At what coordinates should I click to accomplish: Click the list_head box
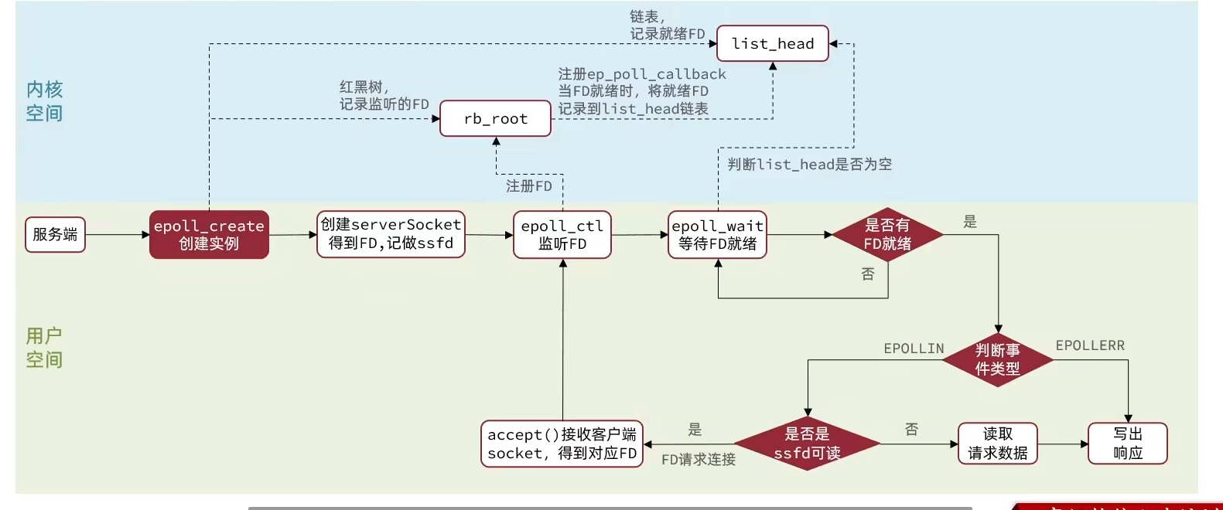[x=772, y=44]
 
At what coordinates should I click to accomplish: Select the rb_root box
[x=495, y=119]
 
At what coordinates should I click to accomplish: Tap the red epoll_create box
[x=209, y=235]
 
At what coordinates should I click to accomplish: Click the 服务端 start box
[x=55, y=235]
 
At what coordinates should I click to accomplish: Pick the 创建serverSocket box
[x=391, y=234]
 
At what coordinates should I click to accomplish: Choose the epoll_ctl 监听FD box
[x=562, y=235]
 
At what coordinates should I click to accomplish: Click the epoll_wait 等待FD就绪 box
[x=718, y=235]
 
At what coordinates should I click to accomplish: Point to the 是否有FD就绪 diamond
[x=887, y=235]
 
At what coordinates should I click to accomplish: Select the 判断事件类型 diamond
[x=998, y=360]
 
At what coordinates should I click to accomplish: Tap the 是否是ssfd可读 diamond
[x=807, y=444]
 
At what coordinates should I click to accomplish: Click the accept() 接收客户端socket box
[x=562, y=444]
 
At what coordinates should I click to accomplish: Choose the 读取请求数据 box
[x=998, y=444]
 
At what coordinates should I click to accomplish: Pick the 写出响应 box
[x=1127, y=444]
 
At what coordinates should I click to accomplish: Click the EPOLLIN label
[x=914, y=349]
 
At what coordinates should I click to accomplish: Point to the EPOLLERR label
[x=1090, y=345]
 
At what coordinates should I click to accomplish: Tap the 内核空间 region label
[x=44, y=101]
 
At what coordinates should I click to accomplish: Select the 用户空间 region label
[x=44, y=348]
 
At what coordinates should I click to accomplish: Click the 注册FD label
[x=529, y=186]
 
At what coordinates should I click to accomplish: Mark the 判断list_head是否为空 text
[x=809, y=165]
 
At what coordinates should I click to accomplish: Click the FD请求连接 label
[x=699, y=460]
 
